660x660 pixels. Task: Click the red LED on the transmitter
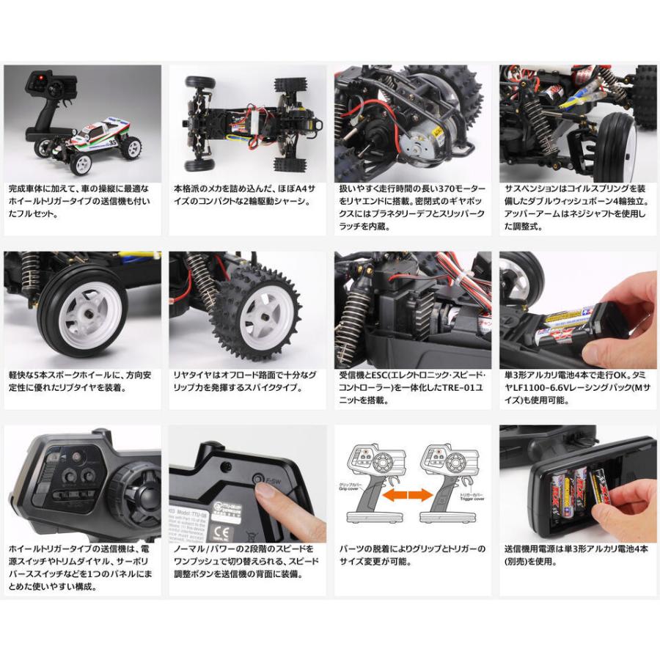click(41, 77)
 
